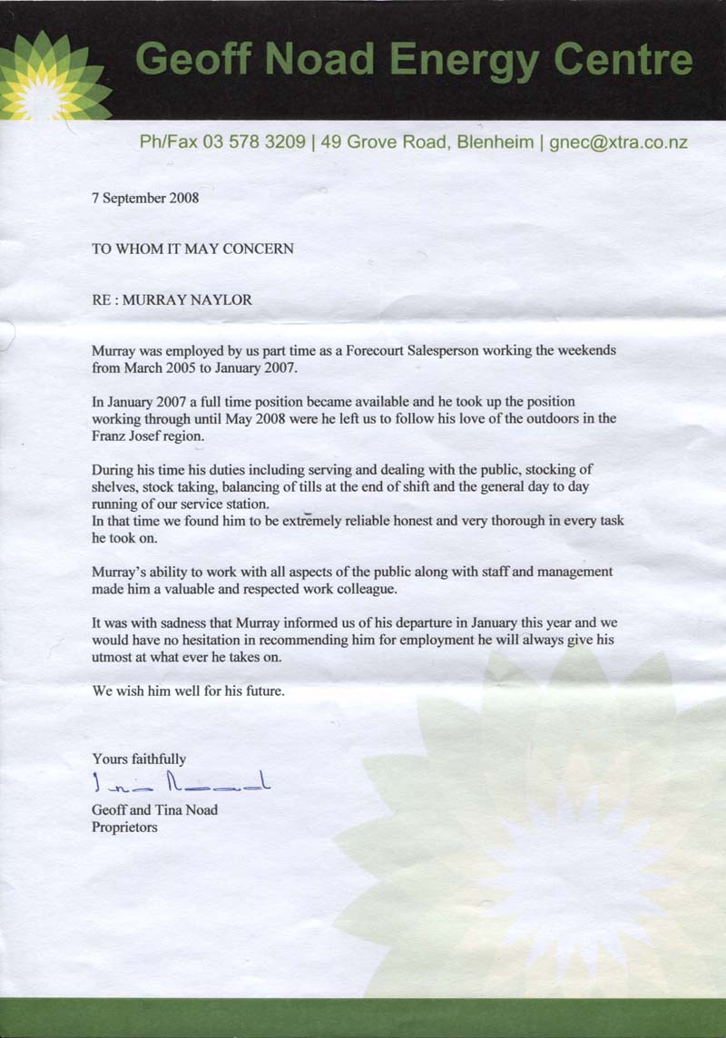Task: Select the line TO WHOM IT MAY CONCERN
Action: point(192,249)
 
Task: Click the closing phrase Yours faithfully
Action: point(139,759)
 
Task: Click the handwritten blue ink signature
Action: point(182,783)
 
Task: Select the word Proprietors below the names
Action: point(124,827)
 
